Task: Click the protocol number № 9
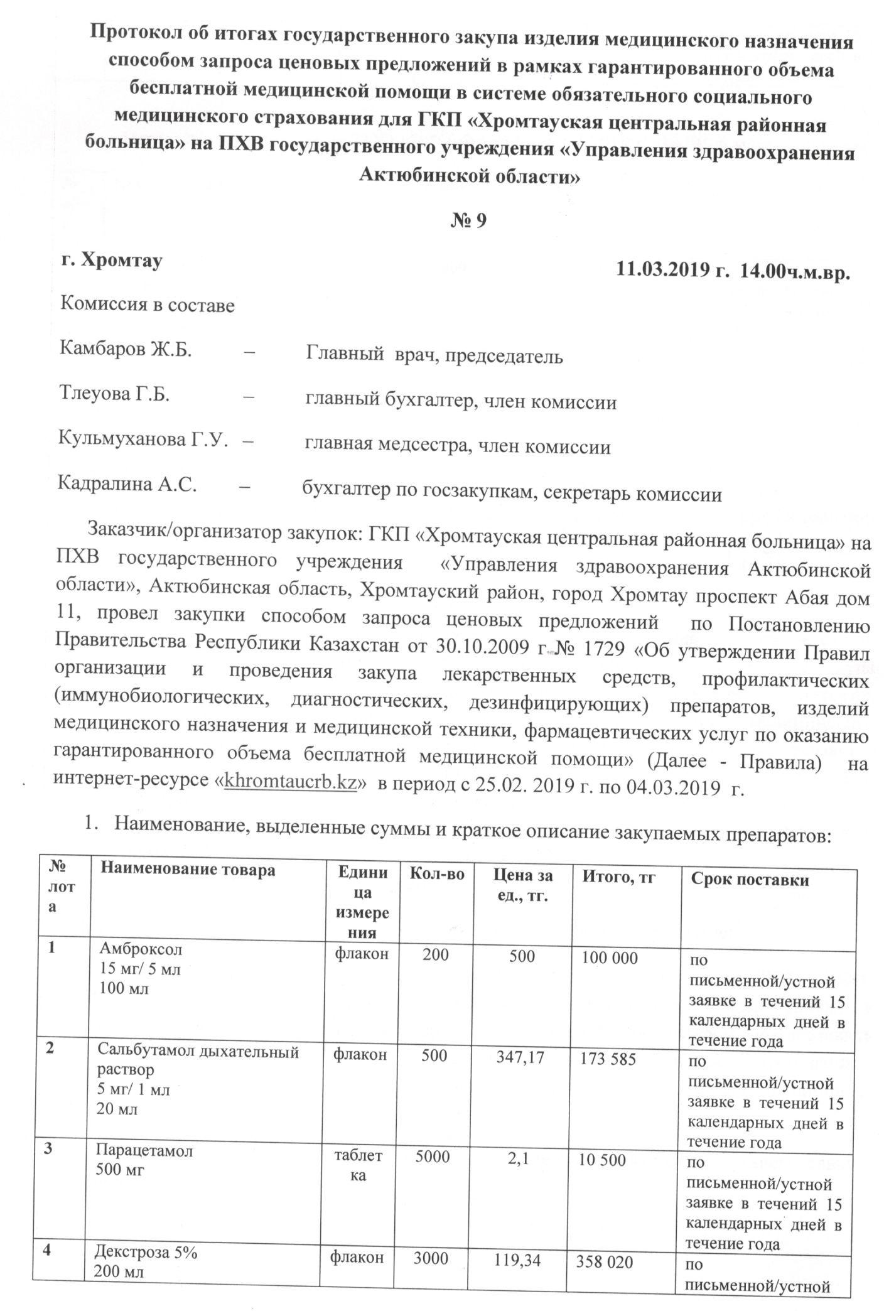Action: (x=469, y=220)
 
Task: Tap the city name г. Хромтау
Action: (x=111, y=260)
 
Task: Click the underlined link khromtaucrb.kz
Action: (x=291, y=783)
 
